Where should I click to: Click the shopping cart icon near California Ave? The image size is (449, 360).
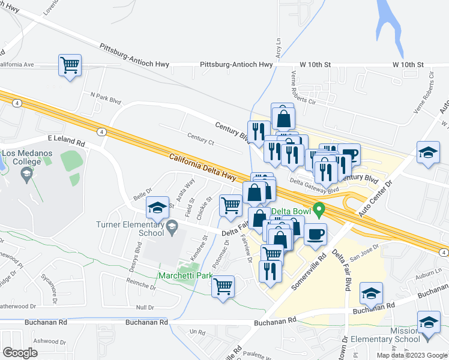70,65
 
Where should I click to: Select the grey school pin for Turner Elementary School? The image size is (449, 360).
173,226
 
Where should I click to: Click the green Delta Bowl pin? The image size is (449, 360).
319,211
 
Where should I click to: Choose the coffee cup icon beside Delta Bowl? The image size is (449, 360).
315,234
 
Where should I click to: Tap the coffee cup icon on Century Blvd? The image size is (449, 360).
348,155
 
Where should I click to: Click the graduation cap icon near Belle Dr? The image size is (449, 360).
158,208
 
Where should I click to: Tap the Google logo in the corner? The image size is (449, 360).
20,353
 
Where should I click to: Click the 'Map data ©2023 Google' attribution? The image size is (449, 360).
411,355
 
